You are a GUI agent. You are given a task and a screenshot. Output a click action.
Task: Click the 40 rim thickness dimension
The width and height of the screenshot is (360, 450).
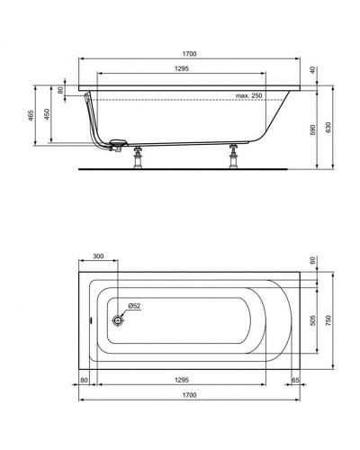pos(313,70)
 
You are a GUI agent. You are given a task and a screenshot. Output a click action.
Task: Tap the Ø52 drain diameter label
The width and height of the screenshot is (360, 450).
pos(133,306)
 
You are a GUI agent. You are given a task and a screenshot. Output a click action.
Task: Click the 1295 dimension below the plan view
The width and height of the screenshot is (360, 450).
pos(184,381)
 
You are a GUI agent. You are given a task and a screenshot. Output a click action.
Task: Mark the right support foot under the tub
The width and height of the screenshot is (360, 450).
pos(236,156)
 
